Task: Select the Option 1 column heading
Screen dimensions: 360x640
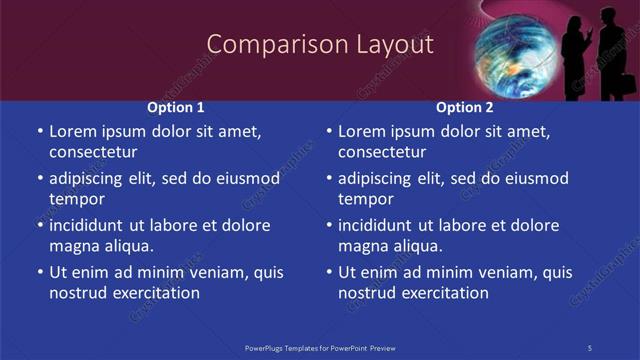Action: click(x=176, y=107)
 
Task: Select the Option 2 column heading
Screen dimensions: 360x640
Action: click(x=465, y=107)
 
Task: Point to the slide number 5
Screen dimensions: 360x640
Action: click(x=590, y=348)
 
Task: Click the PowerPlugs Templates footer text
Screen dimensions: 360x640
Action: click(x=320, y=348)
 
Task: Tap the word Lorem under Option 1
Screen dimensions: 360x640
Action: click(x=73, y=131)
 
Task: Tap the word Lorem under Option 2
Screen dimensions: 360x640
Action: click(x=362, y=131)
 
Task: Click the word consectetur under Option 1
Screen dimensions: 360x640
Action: click(x=93, y=152)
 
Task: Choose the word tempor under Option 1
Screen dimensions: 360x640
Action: click(x=77, y=199)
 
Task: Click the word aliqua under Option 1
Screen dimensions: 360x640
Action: click(x=128, y=246)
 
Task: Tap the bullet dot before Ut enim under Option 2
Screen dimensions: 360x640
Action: click(x=329, y=272)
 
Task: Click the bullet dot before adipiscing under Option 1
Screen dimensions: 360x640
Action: click(x=40, y=179)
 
